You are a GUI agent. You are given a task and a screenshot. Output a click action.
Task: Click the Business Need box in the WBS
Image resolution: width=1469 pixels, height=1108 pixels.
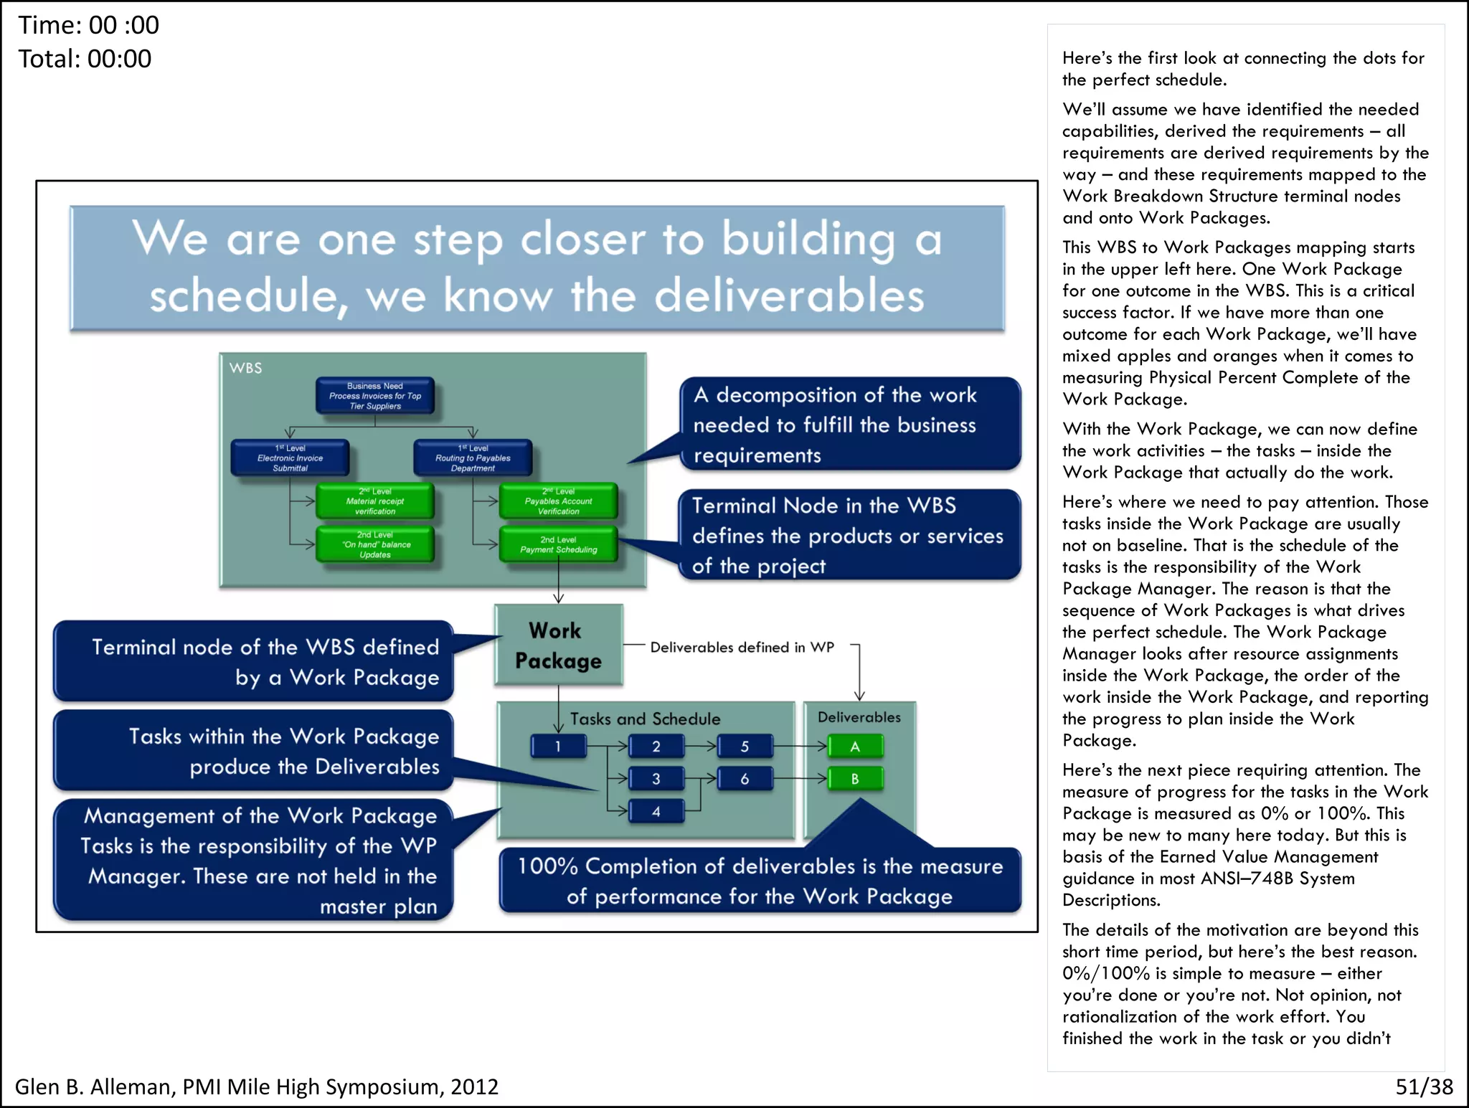coord(375,396)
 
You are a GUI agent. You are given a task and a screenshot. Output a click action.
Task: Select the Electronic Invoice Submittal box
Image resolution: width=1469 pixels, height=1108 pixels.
coord(290,458)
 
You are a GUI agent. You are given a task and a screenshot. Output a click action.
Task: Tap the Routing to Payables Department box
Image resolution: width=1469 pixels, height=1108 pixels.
coord(473,458)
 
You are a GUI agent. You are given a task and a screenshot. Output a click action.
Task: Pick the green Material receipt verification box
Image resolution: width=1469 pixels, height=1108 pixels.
coord(375,501)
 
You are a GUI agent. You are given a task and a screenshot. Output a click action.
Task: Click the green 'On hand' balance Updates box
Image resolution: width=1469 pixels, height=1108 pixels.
coord(375,545)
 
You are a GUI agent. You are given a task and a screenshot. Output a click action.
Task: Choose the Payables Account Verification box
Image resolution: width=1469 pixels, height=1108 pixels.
coord(558,501)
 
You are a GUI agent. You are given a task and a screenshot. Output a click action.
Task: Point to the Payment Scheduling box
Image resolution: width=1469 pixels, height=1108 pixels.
coord(558,544)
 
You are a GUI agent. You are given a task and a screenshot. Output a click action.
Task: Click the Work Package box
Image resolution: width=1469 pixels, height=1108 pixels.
coord(558,645)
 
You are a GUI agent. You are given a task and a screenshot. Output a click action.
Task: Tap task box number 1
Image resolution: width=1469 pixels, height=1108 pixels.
coord(558,747)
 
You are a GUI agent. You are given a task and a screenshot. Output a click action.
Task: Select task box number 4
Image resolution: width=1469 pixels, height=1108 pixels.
coord(656,812)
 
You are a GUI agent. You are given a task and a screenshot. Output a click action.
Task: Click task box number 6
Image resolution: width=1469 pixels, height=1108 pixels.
coord(745,779)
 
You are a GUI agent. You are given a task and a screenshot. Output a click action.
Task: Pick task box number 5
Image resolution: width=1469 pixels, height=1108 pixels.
coord(745,747)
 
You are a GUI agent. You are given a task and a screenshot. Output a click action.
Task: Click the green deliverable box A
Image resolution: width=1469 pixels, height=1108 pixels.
coord(855,747)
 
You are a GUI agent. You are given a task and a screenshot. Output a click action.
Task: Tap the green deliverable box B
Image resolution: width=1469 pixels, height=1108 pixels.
coord(855,779)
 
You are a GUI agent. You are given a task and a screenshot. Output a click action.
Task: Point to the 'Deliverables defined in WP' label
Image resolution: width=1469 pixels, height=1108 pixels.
coord(742,647)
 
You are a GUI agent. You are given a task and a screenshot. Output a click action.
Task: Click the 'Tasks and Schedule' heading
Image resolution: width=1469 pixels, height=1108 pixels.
coord(645,719)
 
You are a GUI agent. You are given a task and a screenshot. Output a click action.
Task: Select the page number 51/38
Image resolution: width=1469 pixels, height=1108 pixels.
coord(1424,1086)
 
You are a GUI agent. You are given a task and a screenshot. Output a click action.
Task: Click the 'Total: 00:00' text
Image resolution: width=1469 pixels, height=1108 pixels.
coord(85,59)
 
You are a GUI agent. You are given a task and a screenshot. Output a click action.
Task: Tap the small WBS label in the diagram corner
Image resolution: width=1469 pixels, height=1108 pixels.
coord(245,368)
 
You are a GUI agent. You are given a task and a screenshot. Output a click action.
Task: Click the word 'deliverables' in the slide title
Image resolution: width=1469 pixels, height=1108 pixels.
coord(789,295)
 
